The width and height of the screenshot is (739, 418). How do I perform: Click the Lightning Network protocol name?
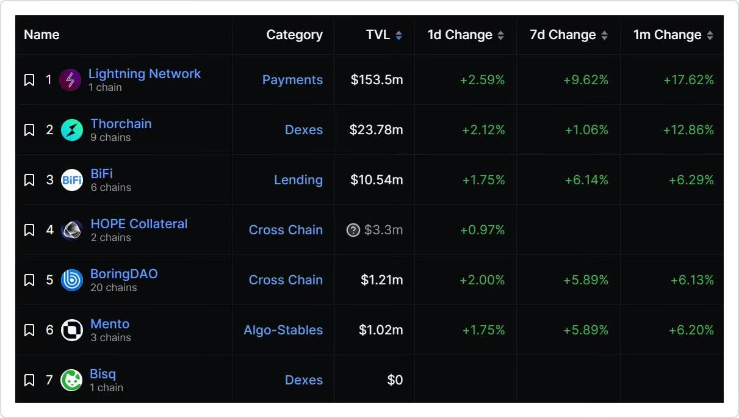pos(144,74)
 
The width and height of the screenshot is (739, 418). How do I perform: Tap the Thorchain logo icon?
pos(72,130)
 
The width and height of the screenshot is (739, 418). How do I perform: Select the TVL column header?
pos(378,35)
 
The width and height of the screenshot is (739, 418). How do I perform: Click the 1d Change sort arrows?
pos(500,35)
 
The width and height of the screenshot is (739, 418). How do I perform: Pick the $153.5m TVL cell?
pos(377,80)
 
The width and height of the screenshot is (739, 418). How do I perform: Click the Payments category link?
pos(292,80)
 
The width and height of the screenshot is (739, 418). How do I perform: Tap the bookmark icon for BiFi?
pos(29,180)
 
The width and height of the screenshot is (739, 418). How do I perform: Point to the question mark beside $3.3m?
pos(353,230)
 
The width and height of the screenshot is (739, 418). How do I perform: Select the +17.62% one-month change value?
pos(688,80)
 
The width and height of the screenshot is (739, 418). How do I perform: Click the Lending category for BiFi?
pos(298,180)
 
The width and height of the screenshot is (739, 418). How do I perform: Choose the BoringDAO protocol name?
pos(124,274)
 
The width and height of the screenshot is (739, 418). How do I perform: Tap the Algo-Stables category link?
pos(283,330)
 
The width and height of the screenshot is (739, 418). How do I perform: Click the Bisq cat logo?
pos(72,380)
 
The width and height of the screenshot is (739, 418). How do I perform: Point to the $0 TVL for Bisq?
pos(395,380)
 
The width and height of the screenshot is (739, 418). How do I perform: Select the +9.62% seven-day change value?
pos(586,80)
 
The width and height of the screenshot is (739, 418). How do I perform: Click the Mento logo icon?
pos(72,330)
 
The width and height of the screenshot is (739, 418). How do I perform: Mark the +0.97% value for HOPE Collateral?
pos(483,230)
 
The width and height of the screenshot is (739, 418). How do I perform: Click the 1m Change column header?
pos(667,35)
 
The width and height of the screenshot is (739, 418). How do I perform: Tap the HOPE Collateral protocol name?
pos(139,224)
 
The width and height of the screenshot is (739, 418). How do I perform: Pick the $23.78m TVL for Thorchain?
pos(376,130)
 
